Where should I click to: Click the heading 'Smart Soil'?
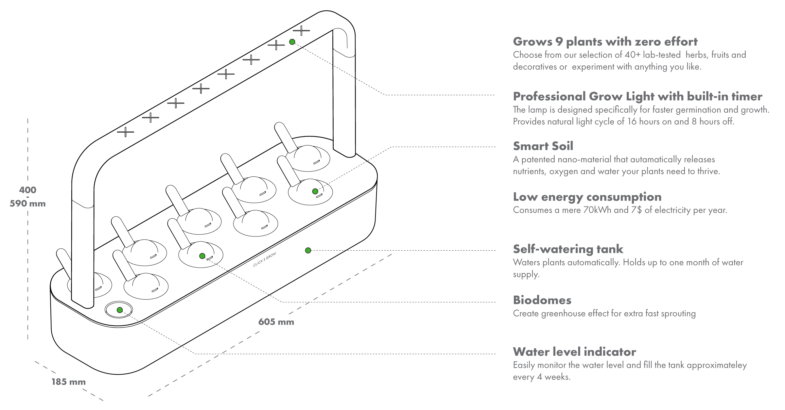543,146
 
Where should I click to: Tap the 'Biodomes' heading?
542,300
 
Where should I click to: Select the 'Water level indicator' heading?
574,352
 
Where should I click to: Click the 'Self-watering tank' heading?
568,249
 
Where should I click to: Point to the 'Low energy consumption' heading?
587,197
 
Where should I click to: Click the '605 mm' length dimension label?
276,322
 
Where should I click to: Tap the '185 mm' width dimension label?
68,382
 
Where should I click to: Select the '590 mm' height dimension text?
27,204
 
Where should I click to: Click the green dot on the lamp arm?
292,42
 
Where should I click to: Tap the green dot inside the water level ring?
120,310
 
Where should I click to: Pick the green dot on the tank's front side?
308,250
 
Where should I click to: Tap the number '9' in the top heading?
559,42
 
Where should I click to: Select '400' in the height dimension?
27,190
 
